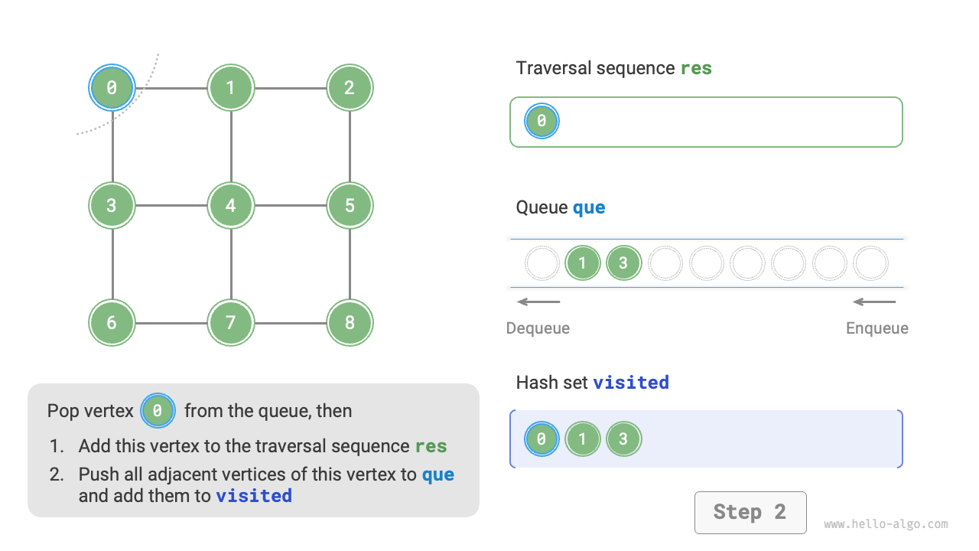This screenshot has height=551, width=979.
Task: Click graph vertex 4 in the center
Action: [x=230, y=205]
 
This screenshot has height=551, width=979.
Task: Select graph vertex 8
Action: [x=350, y=323]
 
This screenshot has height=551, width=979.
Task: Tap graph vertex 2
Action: [x=350, y=87]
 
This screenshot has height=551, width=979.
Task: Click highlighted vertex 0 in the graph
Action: [x=112, y=87]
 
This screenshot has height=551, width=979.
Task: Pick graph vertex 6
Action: [x=112, y=323]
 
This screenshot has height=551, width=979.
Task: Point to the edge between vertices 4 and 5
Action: [x=290, y=205]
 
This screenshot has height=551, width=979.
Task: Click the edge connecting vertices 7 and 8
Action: [x=290, y=323]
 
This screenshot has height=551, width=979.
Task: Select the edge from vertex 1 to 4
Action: [x=230, y=146]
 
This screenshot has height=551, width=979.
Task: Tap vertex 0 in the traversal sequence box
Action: [x=542, y=121]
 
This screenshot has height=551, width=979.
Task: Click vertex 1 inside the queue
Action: [x=583, y=263]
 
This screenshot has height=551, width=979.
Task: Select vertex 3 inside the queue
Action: [x=623, y=263]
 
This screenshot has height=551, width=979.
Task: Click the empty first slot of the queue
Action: [x=542, y=263]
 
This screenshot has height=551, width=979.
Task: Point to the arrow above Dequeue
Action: [x=538, y=302]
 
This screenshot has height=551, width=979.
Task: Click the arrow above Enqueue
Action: [x=874, y=302]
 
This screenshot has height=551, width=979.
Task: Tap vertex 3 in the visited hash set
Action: [x=623, y=439]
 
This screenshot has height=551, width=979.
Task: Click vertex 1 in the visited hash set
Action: [x=583, y=439]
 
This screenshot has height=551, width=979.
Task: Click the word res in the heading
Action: [x=696, y=68]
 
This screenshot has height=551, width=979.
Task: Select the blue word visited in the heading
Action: [x=631, y=382]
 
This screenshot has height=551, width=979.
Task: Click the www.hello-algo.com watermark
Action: [x=886, y=524]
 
